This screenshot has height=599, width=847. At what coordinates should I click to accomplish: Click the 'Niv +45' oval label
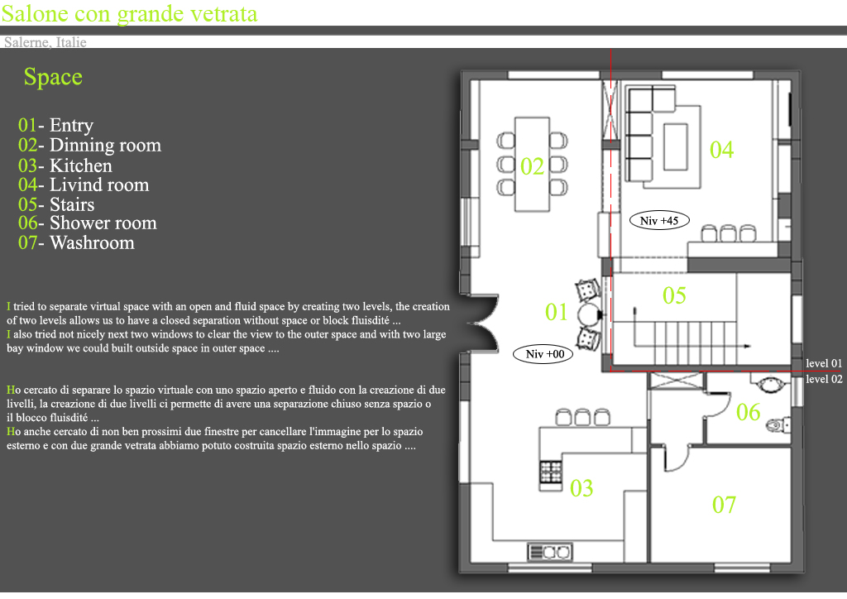(x=659, y=220)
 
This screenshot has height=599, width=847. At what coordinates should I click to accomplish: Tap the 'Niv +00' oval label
(x=543, y=354)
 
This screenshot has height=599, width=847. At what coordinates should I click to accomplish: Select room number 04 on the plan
(x=721, y=150)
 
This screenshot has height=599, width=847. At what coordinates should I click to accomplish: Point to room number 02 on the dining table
(x=532, y=166)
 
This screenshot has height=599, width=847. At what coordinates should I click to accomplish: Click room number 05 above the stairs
(x=674, y=295)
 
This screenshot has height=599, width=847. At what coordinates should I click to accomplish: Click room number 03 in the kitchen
(x=581, y=488)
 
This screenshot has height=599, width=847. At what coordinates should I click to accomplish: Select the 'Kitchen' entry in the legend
(x=81, y=165)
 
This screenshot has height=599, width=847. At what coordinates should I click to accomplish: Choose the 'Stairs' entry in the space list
(x=72, y=204)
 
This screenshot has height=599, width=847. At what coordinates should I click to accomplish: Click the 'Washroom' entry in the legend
(x=92, y=243)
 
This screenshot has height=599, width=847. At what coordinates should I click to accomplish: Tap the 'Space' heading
(x=53, y=77)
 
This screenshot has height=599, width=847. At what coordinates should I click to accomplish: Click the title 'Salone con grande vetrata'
(x=129, y=13)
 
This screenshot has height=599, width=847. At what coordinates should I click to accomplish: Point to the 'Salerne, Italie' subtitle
(x=45, y=42)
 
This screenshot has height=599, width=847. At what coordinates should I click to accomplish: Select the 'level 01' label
(x=824, y=363)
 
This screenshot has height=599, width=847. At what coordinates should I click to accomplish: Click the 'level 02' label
(x=824, y=379)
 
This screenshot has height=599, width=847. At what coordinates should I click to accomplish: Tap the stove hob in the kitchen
(x=550, y=472)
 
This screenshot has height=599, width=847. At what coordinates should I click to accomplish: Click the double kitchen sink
(x=549, y=553)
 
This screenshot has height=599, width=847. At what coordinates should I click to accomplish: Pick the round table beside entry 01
(x=588, y=314)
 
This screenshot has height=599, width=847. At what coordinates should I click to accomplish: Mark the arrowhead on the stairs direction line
(x=748, y=346)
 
